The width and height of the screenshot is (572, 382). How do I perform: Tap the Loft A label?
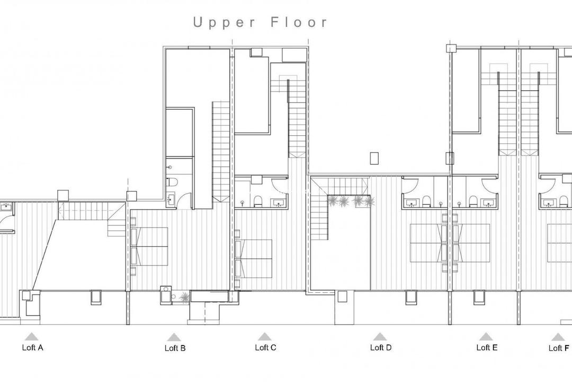click(32, 348)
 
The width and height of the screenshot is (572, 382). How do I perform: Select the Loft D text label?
click(380, 348)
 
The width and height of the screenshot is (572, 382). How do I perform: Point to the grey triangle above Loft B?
click(173, 337)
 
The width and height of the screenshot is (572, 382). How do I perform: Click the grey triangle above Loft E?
click(486, 337)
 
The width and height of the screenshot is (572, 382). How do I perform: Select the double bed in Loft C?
click(255, 257)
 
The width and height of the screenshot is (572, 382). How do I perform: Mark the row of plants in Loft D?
click(351, 201)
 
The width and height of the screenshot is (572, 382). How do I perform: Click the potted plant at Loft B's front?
click(183, 298)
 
